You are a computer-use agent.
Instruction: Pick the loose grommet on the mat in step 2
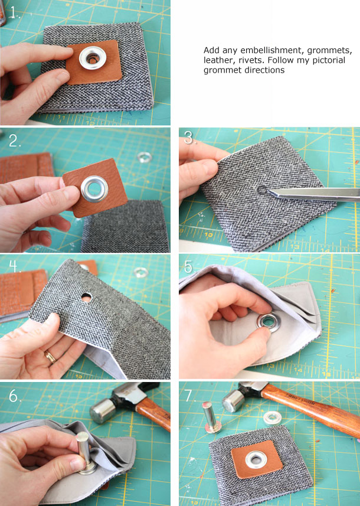tap(143, 158)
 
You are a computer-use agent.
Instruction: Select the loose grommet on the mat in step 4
tap(140, 273)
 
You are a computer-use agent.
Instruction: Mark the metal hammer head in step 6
tap(102, 408)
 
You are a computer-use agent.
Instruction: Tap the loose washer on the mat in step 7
tap(272, 419)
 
